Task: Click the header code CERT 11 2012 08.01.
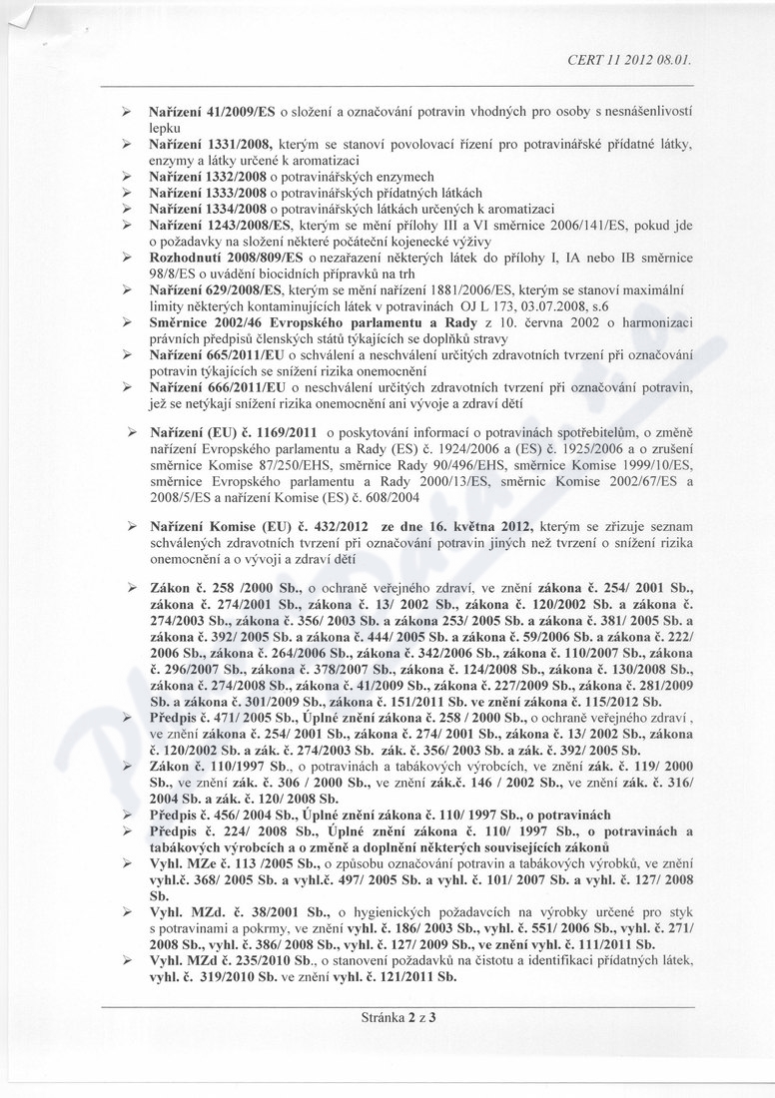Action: click(629, 59)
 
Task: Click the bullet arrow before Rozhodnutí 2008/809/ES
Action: click(128, 257)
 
